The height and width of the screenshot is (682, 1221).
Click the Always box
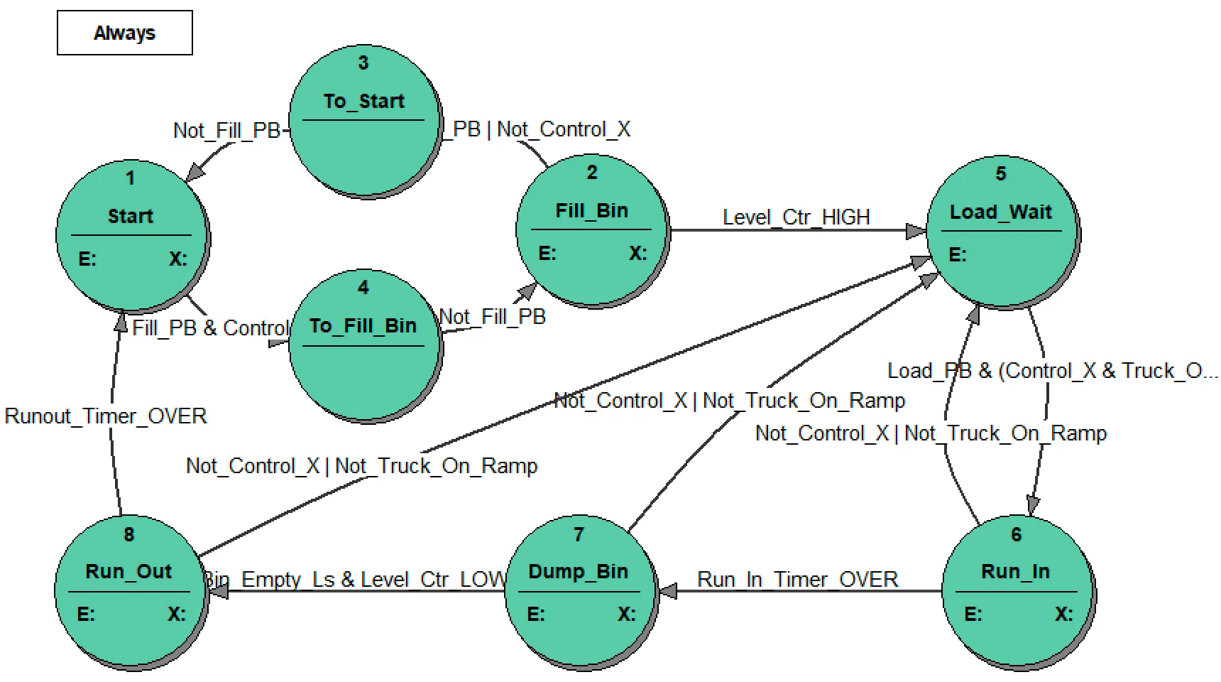pyautogui.click(x=124, y=33)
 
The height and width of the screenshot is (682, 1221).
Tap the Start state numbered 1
pyautogui.click(x=131, y=234)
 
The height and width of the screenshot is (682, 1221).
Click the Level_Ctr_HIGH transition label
pyautogui.click(x=796, y=217)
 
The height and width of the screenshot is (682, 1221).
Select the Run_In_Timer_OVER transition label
pyautogui.click(x=797, y=580)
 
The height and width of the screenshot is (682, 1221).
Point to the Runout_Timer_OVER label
pyautogui.click(x=106, y=416)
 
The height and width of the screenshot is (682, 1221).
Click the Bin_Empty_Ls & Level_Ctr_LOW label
pyautogui.click(x=355, y=580)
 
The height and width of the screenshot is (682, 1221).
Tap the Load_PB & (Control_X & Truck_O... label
pyautogui.click(x=1053, y=371)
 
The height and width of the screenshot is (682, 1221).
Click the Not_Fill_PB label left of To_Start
pyautogui.click(x=226, y=131)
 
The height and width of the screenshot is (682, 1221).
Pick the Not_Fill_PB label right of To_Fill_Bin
pyautogui.click(x=493, y=317)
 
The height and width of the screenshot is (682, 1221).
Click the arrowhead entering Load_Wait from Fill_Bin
pyautogui.click(x=916, y=231)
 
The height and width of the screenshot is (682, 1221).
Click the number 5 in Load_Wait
pyautogui.click(x=1001, y=174)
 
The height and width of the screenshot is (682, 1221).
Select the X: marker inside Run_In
pyautogui.click(x=1063, y=615)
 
